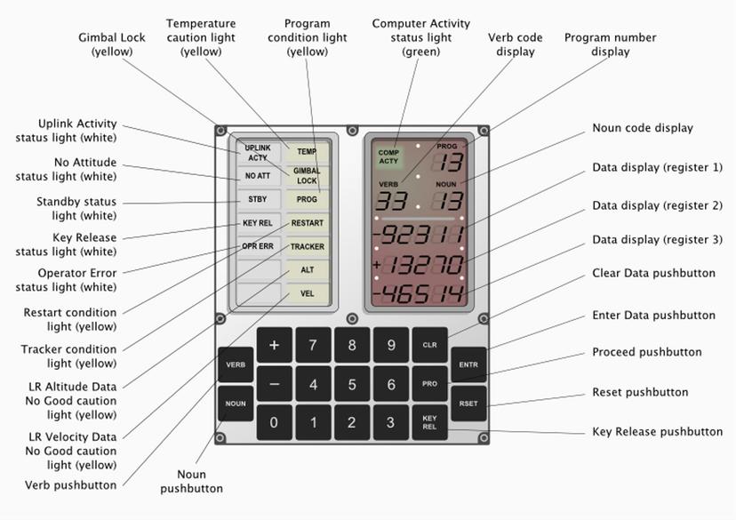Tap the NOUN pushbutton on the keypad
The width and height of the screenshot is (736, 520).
coord(236,403)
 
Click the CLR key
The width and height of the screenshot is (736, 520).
coord(429,345)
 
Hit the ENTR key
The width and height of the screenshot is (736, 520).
coord(468,364)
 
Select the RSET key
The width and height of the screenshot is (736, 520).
coord(468,403)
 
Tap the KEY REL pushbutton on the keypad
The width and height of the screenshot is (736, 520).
coord(429,421)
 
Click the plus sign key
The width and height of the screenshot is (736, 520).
coord(274,345)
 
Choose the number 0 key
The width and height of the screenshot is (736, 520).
coord(274,422)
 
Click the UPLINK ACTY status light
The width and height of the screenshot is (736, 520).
coord(258,152)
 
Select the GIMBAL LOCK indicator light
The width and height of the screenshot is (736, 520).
coord(307,175)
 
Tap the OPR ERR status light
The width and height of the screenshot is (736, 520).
coord(258,246)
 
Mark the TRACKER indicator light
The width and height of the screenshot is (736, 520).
coord(307,246)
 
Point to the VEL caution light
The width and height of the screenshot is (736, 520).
coord(307,293)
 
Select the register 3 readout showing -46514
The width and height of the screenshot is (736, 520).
coord(418,293)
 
